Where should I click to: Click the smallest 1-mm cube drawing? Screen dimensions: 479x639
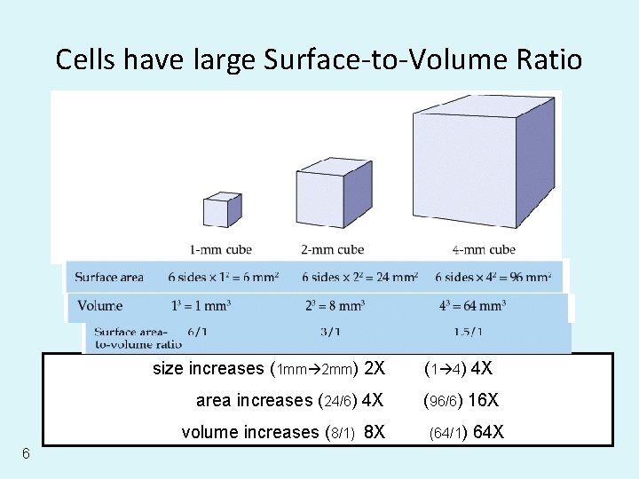222,209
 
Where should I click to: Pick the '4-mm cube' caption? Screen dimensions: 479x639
484,249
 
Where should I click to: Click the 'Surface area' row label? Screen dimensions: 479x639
109,278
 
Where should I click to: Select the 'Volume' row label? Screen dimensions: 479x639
100,306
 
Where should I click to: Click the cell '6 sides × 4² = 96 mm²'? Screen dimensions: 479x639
493,278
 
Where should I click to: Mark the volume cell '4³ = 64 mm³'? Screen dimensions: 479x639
472,306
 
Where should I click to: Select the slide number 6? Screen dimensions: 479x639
27,454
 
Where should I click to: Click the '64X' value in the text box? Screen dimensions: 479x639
489,433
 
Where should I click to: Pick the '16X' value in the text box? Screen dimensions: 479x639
483,400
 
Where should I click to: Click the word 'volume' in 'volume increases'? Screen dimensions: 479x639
209,433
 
